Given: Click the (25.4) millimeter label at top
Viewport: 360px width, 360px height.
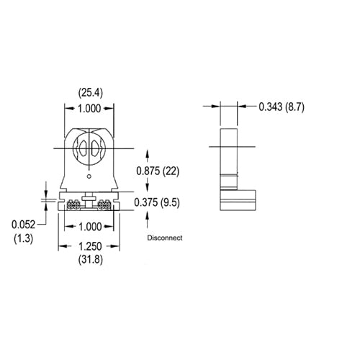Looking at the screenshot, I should (90, 91).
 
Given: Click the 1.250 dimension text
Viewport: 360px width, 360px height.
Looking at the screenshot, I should (89, 246).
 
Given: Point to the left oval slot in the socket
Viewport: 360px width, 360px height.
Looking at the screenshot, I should (83, 149).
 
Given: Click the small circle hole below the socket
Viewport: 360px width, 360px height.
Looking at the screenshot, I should (90, 176).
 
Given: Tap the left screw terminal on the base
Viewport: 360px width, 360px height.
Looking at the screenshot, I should (73, 204).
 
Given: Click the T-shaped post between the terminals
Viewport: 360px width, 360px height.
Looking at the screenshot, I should (90, 197).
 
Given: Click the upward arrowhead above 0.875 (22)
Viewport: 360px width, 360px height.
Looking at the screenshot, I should (148, 153).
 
